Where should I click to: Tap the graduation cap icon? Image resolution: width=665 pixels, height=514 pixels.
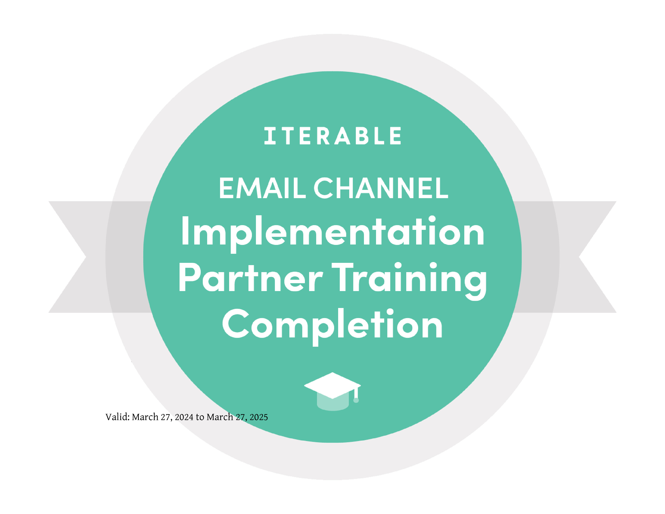[332, 392]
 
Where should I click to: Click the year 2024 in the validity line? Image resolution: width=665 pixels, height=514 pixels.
[184, 417]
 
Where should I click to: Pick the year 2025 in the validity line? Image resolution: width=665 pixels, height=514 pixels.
[259, 417]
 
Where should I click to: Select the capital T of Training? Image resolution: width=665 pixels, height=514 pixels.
[342, 277]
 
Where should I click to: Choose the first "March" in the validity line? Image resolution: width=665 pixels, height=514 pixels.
[145, 417]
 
